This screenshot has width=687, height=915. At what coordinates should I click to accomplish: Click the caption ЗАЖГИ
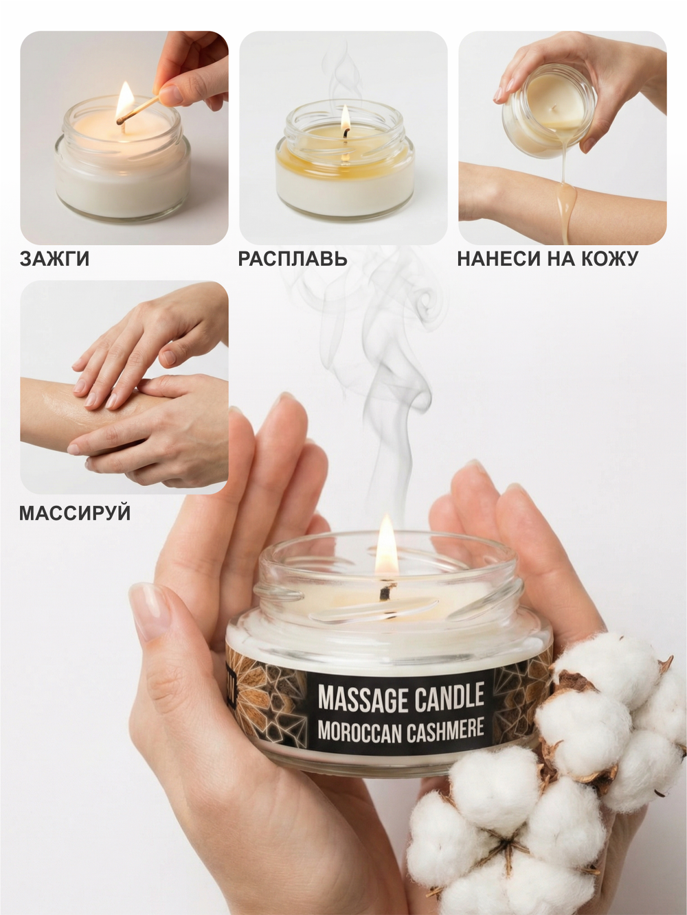point(54,259)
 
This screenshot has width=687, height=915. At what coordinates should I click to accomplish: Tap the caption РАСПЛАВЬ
point(293,259)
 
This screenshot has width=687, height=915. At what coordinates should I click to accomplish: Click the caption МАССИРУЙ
point(75,513)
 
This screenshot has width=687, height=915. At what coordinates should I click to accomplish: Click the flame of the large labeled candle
point(385,546)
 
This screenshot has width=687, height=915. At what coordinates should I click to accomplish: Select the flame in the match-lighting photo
point(125,100)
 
